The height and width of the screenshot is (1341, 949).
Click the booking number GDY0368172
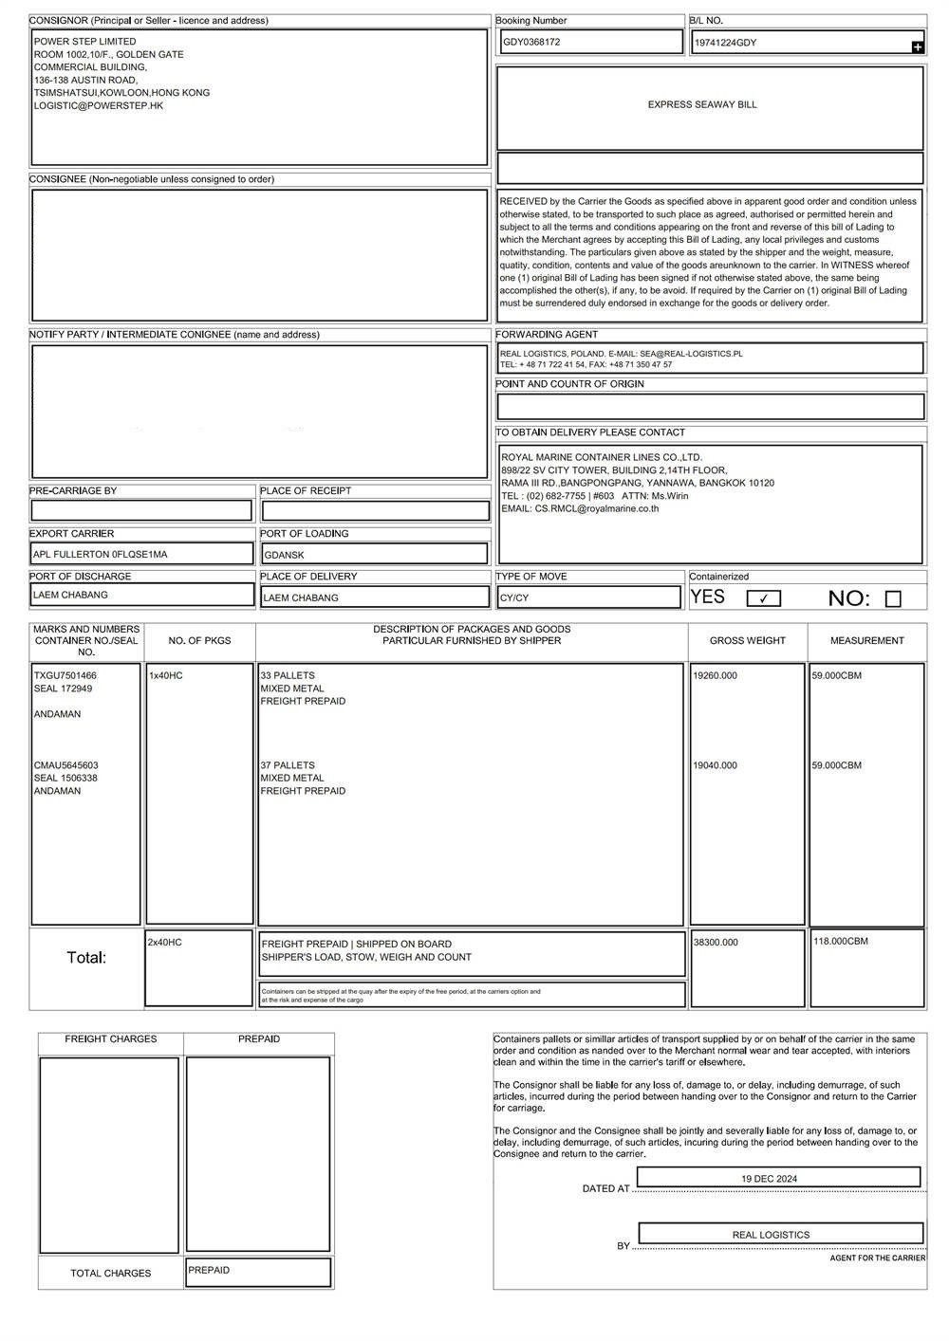tap(531, 42)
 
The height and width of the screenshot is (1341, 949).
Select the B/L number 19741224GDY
tap(726, 43)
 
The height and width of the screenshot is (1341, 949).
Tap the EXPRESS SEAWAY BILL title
tap(702, 104)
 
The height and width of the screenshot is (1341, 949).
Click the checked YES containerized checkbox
tap(764, 598)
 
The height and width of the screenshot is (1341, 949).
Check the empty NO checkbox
tap(892, 598)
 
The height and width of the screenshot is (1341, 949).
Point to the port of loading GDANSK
tap(285, 555)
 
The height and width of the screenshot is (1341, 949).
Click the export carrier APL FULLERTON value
tap(101, 554)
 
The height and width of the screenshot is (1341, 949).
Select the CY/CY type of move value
tap(515, 598)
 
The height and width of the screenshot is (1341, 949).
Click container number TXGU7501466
tap(65, 675)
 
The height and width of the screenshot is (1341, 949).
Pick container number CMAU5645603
tap(66, 765)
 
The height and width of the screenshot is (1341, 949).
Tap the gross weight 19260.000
tap(716, 675)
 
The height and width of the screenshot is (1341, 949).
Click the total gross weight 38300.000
tap(716, 943)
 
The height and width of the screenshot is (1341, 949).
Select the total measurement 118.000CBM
tap(840, 941)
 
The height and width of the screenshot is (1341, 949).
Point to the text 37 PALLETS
tap(288, 765)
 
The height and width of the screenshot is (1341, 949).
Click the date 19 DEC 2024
tap(769, 1178)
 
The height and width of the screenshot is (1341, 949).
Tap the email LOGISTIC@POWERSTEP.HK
tap(99, 105)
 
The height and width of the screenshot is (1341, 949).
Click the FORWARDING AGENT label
tap(547, 335)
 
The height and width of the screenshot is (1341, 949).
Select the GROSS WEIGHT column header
tap(748, 641)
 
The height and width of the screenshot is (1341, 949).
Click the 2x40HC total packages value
tap(165, 942)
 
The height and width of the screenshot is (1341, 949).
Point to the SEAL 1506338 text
tap(66, 778)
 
